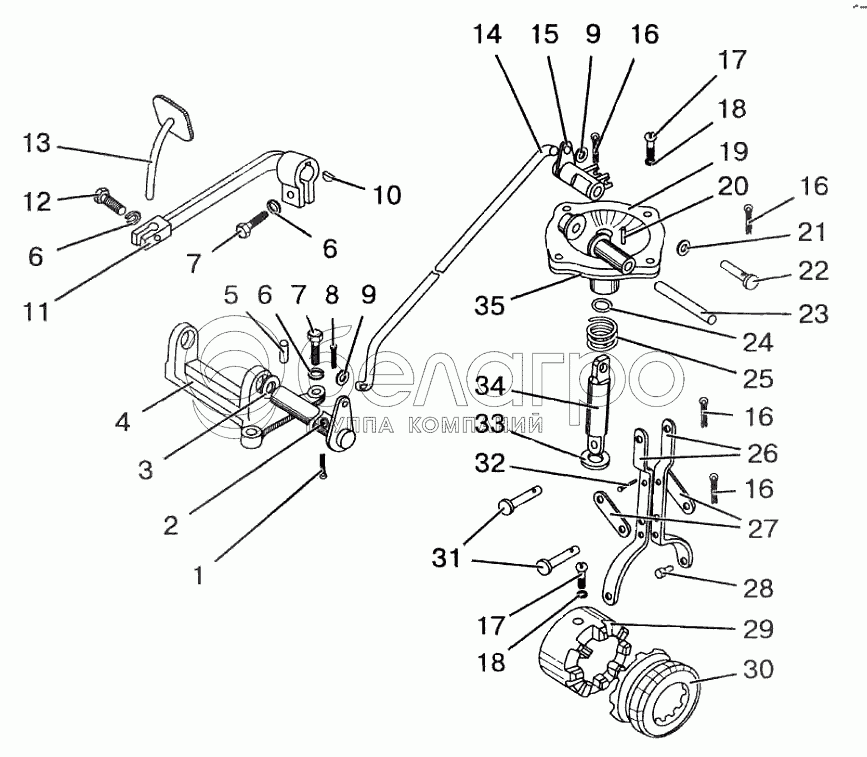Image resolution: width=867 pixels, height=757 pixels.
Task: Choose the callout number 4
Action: click(123, 421)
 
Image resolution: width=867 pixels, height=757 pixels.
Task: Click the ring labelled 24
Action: click(602, 306)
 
